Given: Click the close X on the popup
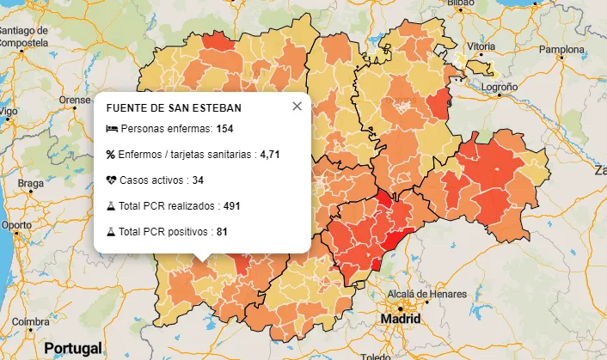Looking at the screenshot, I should [297, 107].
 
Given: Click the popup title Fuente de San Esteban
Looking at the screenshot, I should [174, 108].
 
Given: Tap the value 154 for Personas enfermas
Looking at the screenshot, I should [225, 129].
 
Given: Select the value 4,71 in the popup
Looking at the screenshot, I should [270, 155].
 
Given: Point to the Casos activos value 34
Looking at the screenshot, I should [198, 180].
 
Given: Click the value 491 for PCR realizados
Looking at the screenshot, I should [230, 206].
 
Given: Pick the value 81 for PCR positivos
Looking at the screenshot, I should [222, 232].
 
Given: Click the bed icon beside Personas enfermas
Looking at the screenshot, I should [112, 129].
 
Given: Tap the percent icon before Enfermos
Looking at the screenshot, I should [111, 155].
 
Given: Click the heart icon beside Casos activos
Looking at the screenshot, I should [112, 180].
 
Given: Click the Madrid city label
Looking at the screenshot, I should [401, 319].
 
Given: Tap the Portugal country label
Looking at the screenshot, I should [73, 349].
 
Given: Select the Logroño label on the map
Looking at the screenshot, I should [499, 88].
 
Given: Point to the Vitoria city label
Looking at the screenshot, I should [481, 46].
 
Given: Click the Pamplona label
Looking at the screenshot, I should [561, 49].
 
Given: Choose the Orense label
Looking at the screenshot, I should [74, 100].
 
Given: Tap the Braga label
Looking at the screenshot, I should [30, 183].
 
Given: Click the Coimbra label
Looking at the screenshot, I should [31, 321].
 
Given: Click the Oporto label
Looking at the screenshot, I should [17, 225].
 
